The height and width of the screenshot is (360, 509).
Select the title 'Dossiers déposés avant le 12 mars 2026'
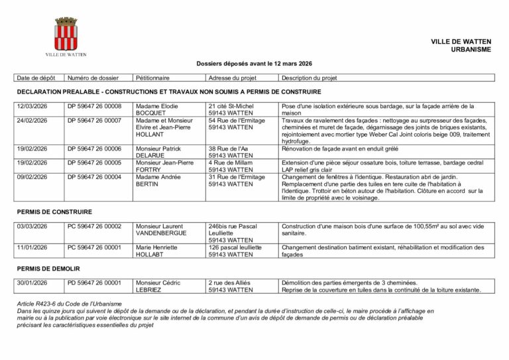pyautogui.click(x=254, y=64)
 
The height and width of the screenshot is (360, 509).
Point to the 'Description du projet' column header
pyautogui.click(x=309, y=78)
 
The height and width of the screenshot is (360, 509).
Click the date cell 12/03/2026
pyautogui.click(x=32, y=106)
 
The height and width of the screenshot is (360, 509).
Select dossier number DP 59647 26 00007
pyautogui.click(x=94, y=121)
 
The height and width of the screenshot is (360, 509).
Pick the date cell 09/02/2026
pyautogui.click(x=32, y=177)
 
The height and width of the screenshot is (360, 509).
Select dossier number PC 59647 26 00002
pyautogui.click(x=94, y=226)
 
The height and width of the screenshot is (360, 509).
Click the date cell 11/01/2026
pyautogui.click(x=32, y=247)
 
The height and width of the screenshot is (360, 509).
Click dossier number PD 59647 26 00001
pyautogui.click(x=94, y=283)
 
